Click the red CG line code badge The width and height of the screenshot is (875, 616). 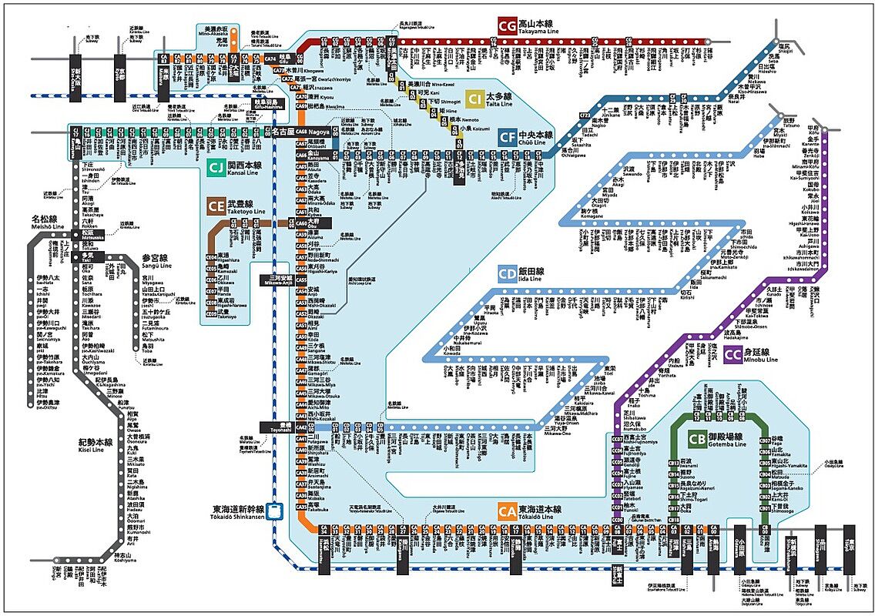[x=508, y=25]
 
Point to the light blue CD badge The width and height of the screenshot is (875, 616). [x=506, y=274]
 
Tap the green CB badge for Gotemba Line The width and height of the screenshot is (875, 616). [x=697, y=439]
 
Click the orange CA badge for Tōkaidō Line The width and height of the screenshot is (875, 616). [x=506, y=511]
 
